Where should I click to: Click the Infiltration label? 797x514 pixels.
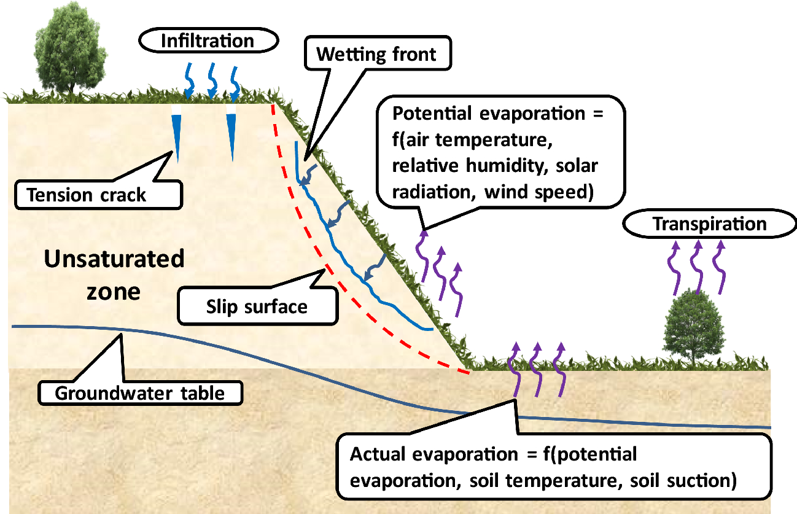207,41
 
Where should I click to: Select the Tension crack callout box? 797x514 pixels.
87,195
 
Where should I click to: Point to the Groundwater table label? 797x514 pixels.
139,392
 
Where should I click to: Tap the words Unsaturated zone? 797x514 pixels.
114,274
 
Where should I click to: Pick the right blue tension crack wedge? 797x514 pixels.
231,135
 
